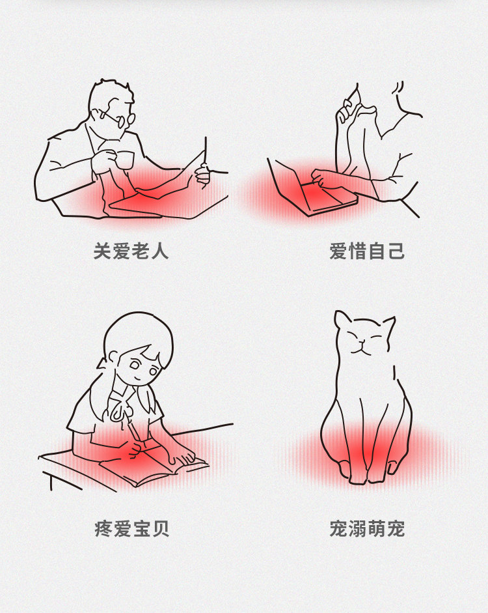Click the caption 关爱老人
131,251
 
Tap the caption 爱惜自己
367,251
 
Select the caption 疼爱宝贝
132,528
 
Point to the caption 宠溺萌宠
367,528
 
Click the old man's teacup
124,160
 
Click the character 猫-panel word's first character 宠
338,528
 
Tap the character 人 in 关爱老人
160,251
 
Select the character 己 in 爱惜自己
396,251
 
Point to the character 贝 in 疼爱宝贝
161,528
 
